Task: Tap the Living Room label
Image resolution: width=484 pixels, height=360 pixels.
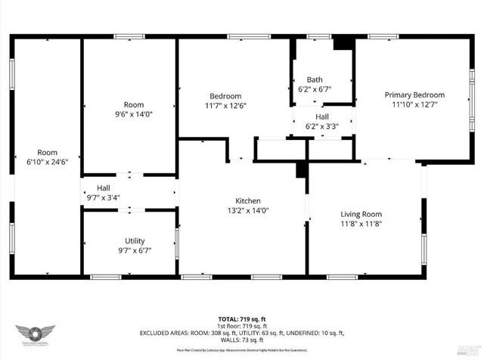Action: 361,214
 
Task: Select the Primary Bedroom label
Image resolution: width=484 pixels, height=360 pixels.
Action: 414,95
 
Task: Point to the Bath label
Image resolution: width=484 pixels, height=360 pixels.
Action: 315,80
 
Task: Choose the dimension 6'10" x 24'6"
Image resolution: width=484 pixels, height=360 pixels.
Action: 47,162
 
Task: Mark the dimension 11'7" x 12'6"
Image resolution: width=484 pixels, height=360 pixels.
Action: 225,105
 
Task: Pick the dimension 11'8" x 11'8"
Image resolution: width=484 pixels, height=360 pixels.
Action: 361,224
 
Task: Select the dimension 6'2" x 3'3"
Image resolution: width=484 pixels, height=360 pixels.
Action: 321,126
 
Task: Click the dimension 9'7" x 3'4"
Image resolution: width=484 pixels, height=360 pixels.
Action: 104,198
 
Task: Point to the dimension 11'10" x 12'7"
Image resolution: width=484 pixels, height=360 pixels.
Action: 414,105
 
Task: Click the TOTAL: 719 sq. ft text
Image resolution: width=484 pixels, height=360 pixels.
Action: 242,321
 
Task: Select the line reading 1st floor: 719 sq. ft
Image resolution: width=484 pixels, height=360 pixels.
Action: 242,327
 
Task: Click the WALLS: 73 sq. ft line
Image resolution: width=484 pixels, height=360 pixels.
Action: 242,340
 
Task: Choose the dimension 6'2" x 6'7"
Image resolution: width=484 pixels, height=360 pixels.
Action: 315,90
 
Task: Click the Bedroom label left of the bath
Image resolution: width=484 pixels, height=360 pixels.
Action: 225,96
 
